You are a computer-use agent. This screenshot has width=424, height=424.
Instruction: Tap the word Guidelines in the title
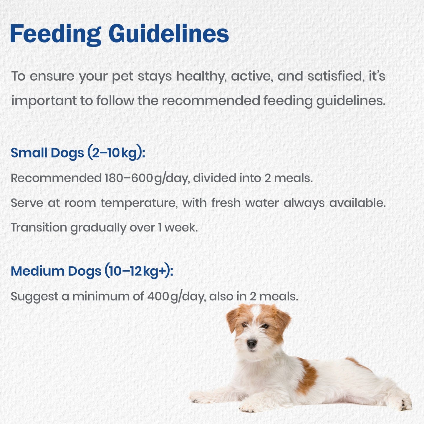169,34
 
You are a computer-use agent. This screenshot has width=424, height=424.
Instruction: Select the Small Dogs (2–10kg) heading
78,153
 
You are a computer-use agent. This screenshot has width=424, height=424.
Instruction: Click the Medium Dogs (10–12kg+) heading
92,271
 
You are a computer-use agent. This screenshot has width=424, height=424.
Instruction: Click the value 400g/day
177,297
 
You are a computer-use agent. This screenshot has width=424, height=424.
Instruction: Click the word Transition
39,227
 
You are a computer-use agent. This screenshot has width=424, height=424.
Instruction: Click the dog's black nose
251,343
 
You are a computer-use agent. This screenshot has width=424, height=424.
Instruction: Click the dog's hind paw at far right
405,403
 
